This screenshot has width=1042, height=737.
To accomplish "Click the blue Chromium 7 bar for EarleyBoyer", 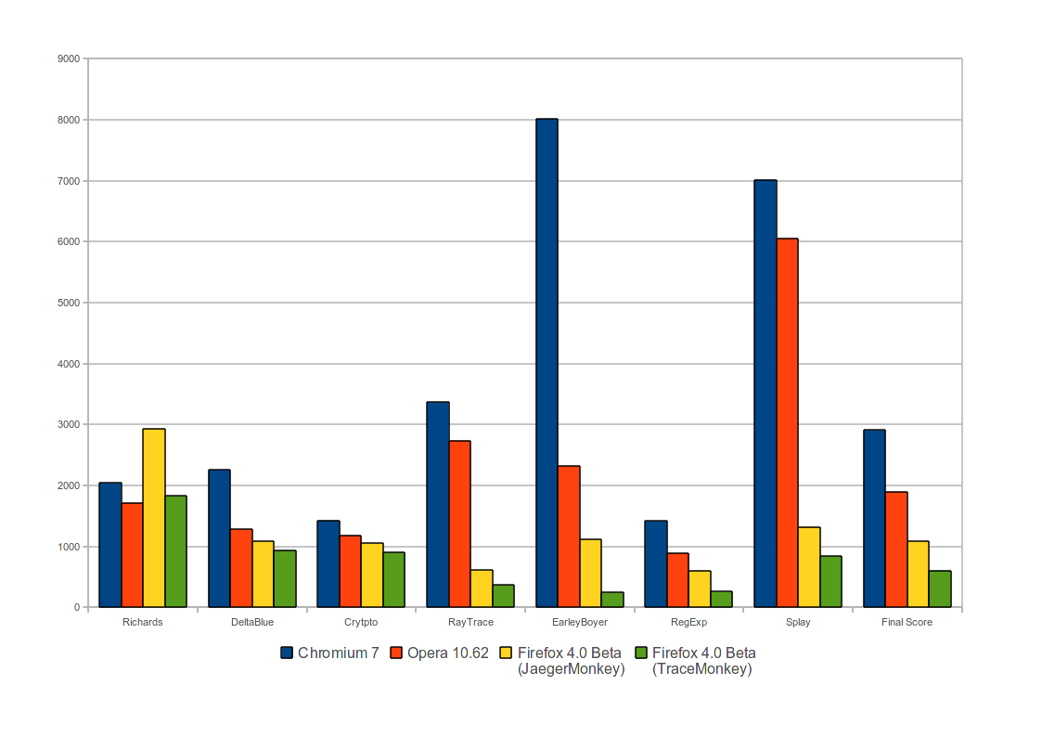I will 547,362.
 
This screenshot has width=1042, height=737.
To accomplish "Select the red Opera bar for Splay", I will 787,422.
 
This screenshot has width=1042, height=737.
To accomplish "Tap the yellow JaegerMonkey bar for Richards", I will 154,518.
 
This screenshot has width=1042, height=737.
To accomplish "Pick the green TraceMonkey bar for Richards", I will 175,551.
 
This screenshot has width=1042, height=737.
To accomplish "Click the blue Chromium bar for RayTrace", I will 438,504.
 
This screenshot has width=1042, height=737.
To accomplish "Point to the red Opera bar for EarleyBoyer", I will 569,537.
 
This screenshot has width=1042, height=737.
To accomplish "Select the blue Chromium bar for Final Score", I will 874,518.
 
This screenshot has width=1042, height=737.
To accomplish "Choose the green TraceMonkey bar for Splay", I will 830,581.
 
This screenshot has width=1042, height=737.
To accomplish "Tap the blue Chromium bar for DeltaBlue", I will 219,538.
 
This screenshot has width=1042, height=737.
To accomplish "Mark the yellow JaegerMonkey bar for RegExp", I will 700,588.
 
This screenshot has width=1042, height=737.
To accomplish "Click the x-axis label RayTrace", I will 470,622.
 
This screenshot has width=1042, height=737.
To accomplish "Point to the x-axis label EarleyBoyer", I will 579,622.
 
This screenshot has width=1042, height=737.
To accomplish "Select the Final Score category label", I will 907,622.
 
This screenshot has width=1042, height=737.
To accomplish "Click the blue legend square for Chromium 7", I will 287,653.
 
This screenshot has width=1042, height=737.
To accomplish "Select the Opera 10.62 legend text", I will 447,653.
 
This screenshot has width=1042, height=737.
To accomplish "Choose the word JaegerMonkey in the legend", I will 570,668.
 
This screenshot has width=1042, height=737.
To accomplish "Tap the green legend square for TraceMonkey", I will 641,653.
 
